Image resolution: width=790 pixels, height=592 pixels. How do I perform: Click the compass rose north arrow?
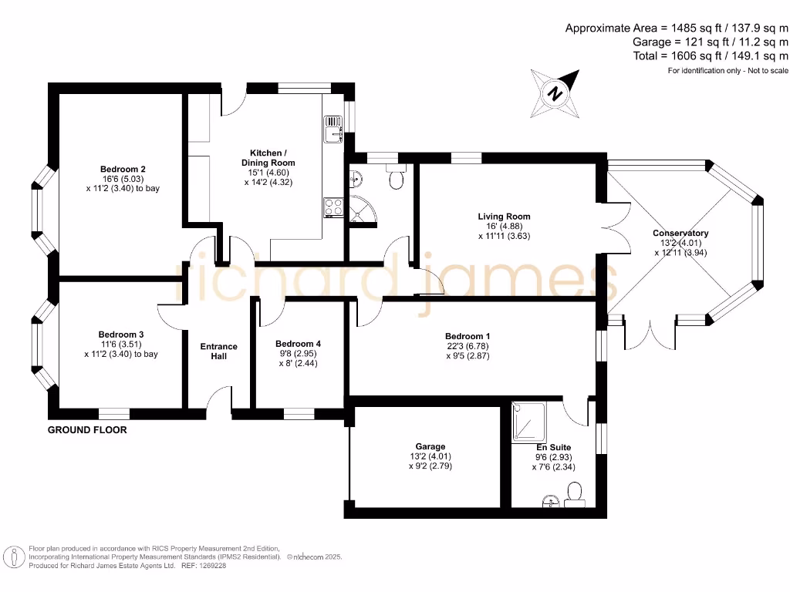pyautogui.click(x=555, y=92)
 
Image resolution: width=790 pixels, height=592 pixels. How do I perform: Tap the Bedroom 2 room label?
pyautogui.click(x=123, y=169)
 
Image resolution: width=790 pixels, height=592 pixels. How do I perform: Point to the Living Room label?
pyautogui.click(x=504, y=217)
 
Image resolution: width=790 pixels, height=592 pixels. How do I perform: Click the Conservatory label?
pyautogui.click(x=680, y=233)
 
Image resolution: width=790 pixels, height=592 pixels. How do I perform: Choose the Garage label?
pyautogui.click(x=430, y=446)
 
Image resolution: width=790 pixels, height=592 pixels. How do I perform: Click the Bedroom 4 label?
pyautogui.click(x=298, y=344)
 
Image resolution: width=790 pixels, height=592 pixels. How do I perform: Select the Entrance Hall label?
pyautogui.click(x=219, y=351)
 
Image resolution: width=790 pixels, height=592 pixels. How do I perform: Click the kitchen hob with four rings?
pyautogui.click(x=333, y=206)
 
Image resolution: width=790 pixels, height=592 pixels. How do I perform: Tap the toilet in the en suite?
pyautogui.click(x=574, y=492)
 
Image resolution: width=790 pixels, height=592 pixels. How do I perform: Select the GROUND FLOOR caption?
pyautogui.click(x=87, y=429)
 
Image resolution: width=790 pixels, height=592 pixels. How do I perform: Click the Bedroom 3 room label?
pyautogui.click(x=123, y=334)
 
